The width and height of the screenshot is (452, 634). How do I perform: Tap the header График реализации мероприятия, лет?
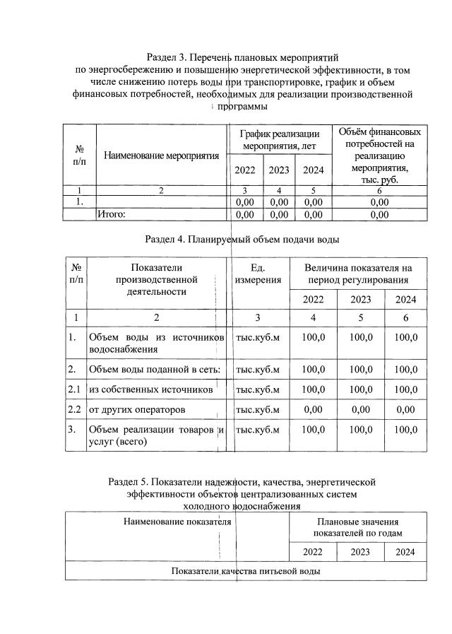(279, 139)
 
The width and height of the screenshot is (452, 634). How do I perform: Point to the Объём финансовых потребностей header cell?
(380, 155)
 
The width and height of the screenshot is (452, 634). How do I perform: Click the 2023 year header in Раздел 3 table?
(279, 170)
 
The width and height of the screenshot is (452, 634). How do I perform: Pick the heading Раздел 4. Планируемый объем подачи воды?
(242, 239)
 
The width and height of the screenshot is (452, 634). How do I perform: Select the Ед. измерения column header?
(258, 274)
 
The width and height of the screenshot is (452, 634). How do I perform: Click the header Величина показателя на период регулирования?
(357, 274)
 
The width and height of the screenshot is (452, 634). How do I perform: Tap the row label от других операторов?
(137, 409)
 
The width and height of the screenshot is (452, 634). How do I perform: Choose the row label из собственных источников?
(151, 389)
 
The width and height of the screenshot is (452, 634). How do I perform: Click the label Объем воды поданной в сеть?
(155, 368)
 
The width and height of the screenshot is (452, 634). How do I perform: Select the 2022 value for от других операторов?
(313, 409)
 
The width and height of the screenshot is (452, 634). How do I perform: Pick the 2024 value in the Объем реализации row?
(406, 430)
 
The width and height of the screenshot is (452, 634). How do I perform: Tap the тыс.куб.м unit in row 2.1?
(258, 389)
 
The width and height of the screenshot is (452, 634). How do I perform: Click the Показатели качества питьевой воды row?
(246, 570)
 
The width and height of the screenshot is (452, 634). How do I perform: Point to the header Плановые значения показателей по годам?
(357, 527)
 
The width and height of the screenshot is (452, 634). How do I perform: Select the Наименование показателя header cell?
(177, 522)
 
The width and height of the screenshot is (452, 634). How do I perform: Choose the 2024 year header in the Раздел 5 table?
(405, 552)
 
